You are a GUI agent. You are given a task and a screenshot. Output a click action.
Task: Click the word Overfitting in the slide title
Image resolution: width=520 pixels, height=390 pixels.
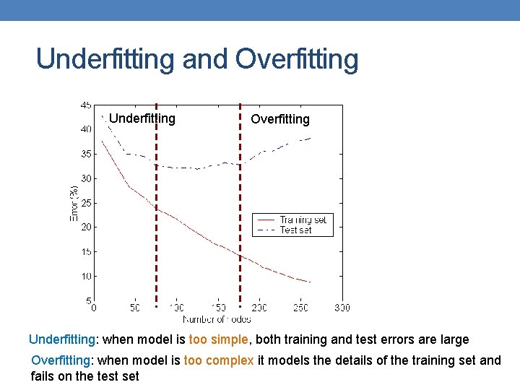(297, 59)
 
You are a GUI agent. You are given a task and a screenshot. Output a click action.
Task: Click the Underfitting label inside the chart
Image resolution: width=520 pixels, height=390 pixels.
(142, 118)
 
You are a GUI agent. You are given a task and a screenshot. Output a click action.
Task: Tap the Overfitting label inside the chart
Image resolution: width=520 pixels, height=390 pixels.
(279, 119)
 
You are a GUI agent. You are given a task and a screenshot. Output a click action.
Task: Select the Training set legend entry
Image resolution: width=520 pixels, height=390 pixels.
(303, 220)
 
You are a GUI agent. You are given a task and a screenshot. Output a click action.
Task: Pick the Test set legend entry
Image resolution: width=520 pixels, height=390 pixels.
(295, 230)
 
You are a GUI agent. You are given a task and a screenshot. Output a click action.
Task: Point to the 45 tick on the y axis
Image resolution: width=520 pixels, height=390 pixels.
(85, 105)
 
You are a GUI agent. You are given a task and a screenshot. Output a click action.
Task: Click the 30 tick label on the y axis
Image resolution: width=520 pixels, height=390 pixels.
(85, 178)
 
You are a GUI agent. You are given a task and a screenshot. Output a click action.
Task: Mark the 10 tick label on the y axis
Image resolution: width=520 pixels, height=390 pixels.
(85, 277)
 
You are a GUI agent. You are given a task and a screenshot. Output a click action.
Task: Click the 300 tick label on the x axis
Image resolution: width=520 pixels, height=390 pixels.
(342, 308)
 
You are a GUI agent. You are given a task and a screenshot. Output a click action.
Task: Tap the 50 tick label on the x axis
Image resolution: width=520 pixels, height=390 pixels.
(135, 308)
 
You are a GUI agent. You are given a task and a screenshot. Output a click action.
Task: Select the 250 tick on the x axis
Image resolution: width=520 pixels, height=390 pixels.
(300, 308)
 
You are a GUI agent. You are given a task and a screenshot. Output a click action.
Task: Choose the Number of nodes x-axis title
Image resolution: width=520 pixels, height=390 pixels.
(217, 318)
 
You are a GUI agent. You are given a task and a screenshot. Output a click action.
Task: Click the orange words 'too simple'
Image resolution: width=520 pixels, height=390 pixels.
(218, 339)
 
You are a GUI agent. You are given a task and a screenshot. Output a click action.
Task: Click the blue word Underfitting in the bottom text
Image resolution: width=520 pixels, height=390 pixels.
(61, 339)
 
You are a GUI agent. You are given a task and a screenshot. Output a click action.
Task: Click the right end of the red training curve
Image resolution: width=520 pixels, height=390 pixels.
(310, 282)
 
